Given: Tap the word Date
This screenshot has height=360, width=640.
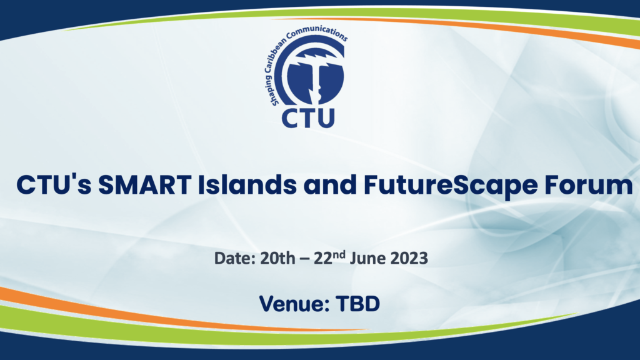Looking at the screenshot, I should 231,258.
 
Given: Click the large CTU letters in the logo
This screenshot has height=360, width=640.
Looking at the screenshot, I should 308,117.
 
